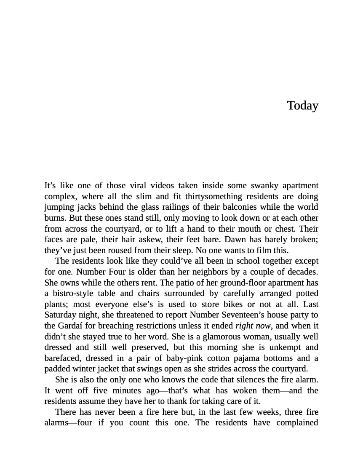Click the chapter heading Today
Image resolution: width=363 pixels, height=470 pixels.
click(302, 105)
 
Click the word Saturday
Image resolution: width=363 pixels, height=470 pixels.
click(61, 315)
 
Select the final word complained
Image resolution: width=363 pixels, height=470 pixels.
click(297, 423)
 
